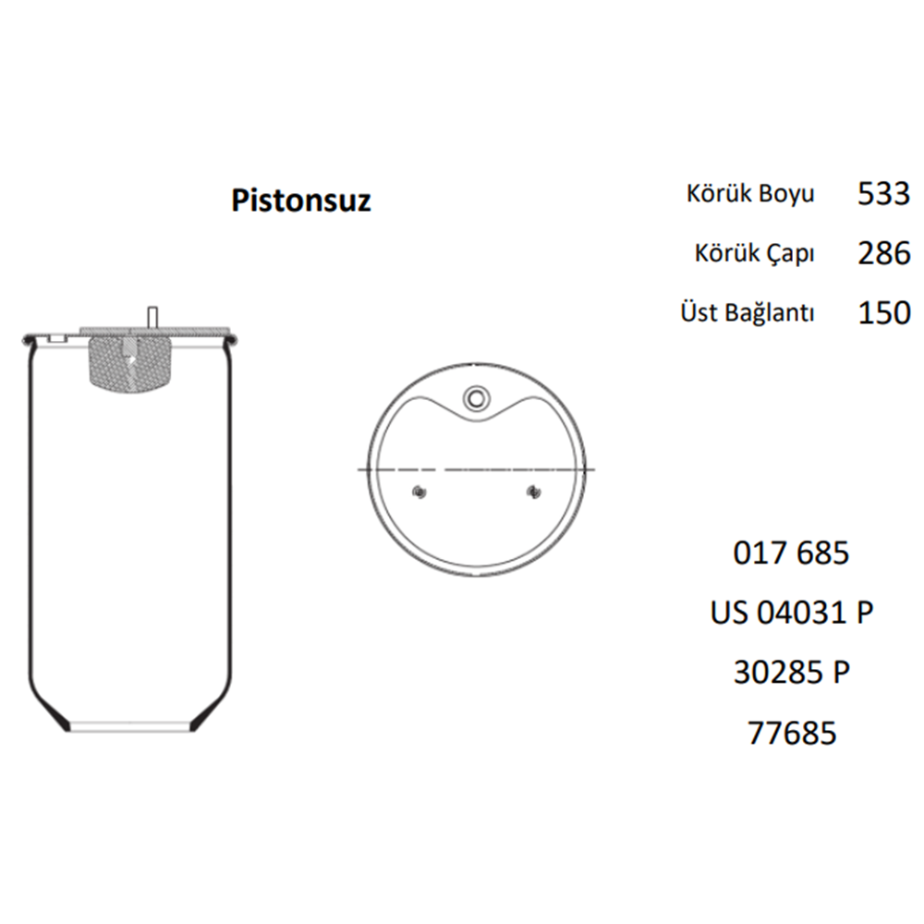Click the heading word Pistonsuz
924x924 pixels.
click(x=301, y=200)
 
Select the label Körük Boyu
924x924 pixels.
click(x=750, y=194)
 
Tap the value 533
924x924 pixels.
click(x=883, y=194)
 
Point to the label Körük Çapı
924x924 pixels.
click(x=755, y=253)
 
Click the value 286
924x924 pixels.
click(x=883, y=253)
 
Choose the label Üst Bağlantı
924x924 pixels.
click(x=747, y=312)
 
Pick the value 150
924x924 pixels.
click(x=883, y=312)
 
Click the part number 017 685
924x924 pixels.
click(x=790, y=553)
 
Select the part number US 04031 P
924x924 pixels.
click(x=791, y=613)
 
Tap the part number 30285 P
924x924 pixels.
click(x=790, y=673)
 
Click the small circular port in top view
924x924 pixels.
click(x=477, y=397)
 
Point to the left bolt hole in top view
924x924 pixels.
click(x=420, y=491)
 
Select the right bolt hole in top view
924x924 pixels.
click(x=532, y=491)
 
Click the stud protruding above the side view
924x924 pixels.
click(x=151, y=316)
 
